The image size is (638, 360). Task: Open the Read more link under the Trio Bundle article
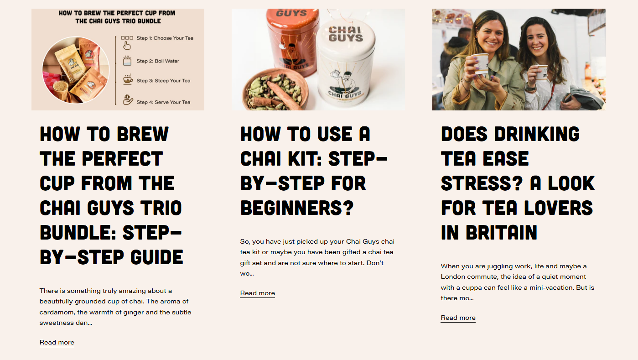[57, 342]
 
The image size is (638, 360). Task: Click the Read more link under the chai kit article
[258, 293]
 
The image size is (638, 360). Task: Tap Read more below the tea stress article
[458, 318]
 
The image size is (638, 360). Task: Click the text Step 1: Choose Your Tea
[165, 38]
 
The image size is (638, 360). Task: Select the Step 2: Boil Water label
[158, 61]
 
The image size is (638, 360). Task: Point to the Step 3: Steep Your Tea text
[163, 81]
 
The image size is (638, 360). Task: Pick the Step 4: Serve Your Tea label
[163, 102]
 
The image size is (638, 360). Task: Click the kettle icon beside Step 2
[127, 61]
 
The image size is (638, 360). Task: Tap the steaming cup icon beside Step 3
[128, 79]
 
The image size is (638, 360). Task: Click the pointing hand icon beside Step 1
[127, 45]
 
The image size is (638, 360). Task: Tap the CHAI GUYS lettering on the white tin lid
[346, 34]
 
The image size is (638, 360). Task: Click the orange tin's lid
[292, 19]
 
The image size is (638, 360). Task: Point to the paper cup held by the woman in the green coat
[481, 63]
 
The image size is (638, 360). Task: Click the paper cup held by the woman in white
[541, 73]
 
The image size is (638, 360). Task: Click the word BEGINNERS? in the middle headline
[297, 208]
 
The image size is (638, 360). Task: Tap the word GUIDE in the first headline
[157, 257]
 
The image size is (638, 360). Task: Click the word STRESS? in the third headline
[482, 183]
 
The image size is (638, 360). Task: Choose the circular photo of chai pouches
[76, 70]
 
